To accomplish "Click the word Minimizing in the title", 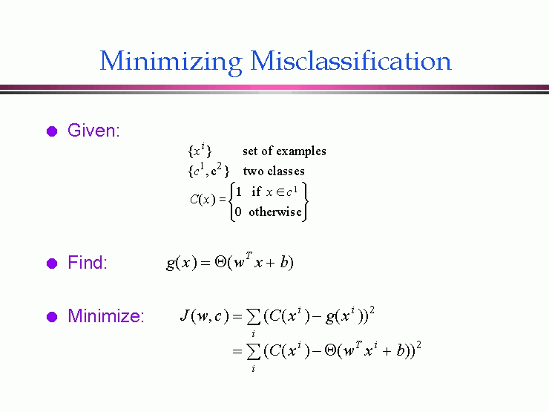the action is point(171,62).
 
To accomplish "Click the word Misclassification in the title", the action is point(351,61).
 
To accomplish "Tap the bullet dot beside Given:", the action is point(52,131).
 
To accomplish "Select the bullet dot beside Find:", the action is point(52,263).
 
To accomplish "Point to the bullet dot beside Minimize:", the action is point(52,317).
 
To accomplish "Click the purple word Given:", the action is point(93,131).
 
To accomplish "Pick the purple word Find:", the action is point(88,262).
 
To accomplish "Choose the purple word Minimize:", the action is point(106,315).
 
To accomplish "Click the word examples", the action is point(301,151).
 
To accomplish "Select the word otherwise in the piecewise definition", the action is point(275,212).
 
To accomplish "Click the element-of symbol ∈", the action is point(280,192).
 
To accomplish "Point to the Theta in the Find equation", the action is point(220,262).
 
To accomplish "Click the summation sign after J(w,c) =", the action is point(254,317).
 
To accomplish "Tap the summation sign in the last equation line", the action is point(254,351).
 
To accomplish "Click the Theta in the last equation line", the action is point(331,350).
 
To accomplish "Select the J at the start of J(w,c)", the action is point(185,315).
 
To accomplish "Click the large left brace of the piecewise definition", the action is point(231,202).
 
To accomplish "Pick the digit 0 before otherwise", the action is point(238,212).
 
